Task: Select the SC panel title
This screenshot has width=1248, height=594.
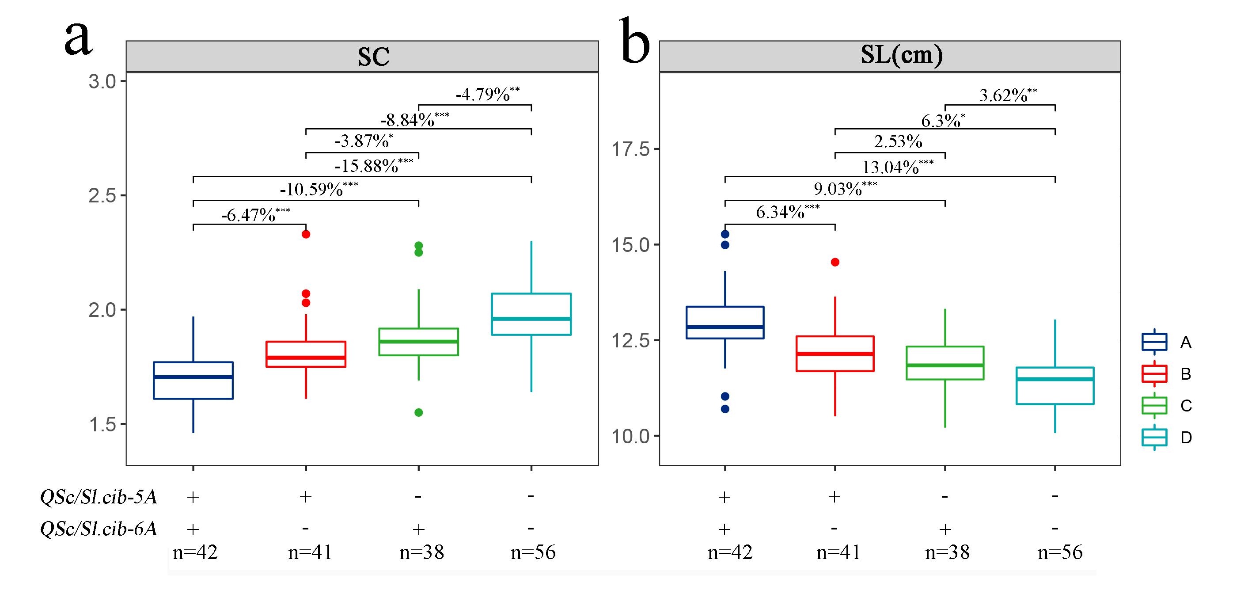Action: [374, 57]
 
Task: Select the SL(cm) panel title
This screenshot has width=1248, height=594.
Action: [902, 55]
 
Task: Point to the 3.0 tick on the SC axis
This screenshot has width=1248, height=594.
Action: [102, 81]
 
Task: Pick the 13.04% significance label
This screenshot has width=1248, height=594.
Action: [897, 167]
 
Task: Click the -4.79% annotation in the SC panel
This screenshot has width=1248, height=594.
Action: [487, 94]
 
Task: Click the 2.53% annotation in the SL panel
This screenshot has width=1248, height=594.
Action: [898, 141]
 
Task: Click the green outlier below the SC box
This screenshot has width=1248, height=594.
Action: [419, 412]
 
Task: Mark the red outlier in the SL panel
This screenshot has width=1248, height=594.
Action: [835, 262]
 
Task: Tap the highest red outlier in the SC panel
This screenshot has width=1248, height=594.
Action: [306, 234]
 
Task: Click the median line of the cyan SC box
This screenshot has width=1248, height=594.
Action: [531, 318]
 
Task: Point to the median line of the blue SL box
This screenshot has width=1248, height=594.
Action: [725, 327]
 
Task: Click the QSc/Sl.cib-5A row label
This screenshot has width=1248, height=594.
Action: [99, 497]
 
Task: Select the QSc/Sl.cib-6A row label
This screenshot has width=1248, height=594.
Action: [99, 529]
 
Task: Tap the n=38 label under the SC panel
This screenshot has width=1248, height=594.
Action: [421, 552]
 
